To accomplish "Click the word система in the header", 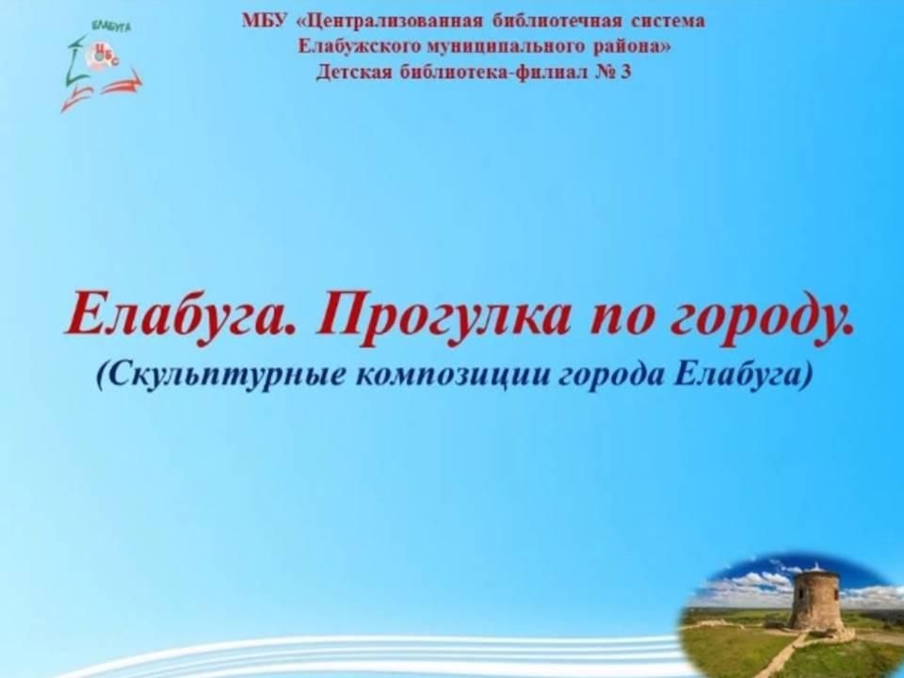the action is point(669,22).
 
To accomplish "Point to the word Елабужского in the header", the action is point(358,46).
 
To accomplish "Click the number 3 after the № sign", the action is point(626,73).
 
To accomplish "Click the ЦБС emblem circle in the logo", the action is point(103,55).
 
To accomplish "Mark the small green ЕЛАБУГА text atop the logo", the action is point(112,26).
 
